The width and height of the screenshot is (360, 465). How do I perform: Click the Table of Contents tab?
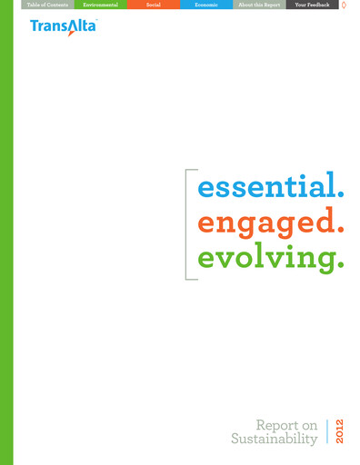point(45,5)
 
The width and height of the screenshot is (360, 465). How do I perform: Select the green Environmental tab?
point(100,5)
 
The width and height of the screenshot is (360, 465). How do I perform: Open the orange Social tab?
point(153,5)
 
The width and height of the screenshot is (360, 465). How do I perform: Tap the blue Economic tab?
point(205,5)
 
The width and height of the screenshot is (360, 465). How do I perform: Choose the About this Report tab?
point(257,5)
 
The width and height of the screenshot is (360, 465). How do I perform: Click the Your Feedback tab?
point(311,5)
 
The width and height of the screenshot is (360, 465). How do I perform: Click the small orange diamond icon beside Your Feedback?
point(345,5)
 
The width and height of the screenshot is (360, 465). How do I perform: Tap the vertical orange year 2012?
point(339,431)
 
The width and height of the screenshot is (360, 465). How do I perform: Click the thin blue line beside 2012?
point(327,431)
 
